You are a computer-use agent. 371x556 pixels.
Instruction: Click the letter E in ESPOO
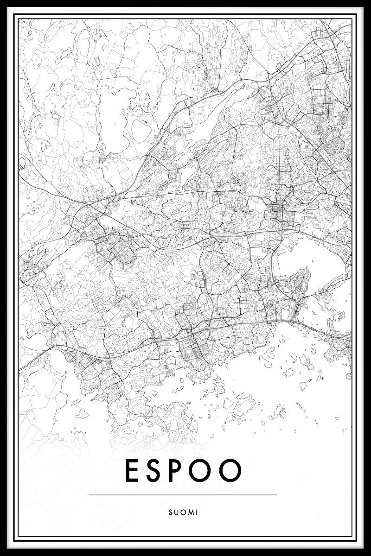pos(133,470)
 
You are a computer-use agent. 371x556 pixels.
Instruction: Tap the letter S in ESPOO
pos(157,470)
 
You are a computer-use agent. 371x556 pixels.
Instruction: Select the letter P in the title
pos(181,470)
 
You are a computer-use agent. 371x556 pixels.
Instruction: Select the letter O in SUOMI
pos(185,512)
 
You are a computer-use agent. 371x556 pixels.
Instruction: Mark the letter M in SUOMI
pos(191,512)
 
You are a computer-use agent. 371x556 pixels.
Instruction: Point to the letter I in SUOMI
pos(197,512)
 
